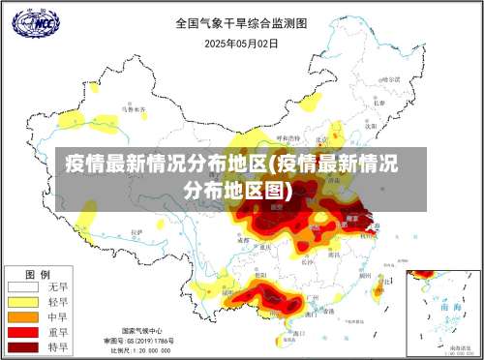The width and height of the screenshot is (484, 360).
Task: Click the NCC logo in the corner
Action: pyautogui.click(x=34, y=21)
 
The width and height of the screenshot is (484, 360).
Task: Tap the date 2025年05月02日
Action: pyautogui.click(x=241, y=43)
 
